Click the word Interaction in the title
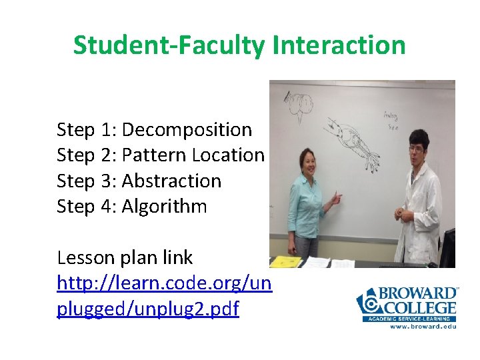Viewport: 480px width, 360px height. (339, 45)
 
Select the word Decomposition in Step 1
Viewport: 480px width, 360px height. (187, 129)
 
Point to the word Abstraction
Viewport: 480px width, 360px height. (171, 181)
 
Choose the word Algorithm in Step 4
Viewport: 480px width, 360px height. (165, 206)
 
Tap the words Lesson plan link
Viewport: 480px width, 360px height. (125, 257)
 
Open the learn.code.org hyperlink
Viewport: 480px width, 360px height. (164, 296)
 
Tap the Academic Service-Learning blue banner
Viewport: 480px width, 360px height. (409, 319)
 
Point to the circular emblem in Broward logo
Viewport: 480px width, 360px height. (368, 303)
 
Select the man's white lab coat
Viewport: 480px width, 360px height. (419, 213)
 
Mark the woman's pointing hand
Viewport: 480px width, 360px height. (335, 198)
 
